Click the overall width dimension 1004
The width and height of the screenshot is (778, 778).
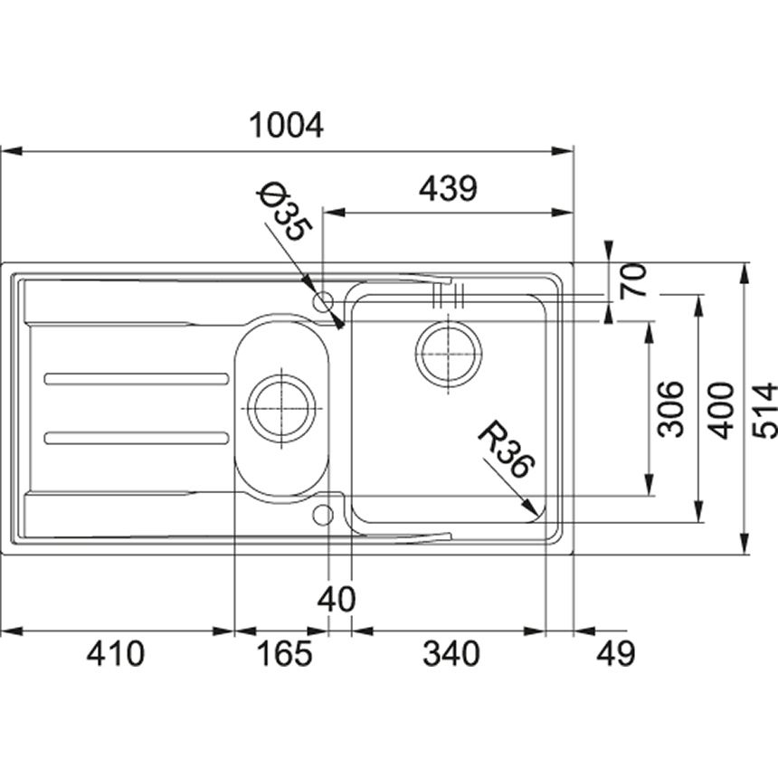coord(286,125)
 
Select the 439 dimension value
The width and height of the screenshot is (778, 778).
coord(448,188)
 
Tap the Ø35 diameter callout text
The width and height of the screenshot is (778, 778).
coord(285,212)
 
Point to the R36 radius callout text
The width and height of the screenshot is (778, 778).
coord(506,449)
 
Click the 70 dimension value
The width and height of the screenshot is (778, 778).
coord(633,280)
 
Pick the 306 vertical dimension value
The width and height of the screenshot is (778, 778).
coord(669,409)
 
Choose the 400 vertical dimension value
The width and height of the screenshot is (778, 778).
coord(720,410)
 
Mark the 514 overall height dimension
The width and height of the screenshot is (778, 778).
coord(764,410)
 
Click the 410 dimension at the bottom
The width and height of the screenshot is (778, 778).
coord(116,654)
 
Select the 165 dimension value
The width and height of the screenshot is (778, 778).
coord(284,654)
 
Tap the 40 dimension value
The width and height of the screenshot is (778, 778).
coord(337,600)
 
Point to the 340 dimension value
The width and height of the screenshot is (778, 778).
coord(451,654)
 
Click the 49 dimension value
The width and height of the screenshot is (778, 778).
coord(615,654)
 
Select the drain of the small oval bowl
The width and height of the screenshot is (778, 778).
coord(281,408)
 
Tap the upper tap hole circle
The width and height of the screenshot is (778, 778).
coord(323,300)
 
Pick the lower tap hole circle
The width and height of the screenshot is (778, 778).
coord(323,515)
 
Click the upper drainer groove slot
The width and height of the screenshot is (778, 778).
coord(137,379)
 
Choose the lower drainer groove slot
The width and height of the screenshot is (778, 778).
coord(137,438)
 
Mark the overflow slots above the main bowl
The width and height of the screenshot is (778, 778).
coord(448,295)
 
